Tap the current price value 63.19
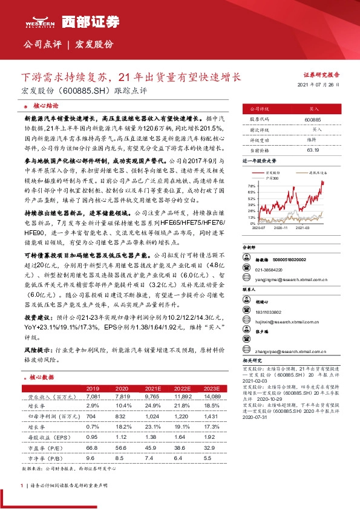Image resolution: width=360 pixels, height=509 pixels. [313, 149]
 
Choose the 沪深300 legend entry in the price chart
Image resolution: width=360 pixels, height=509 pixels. [275, 179]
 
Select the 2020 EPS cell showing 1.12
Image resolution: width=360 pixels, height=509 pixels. [119, 436]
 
